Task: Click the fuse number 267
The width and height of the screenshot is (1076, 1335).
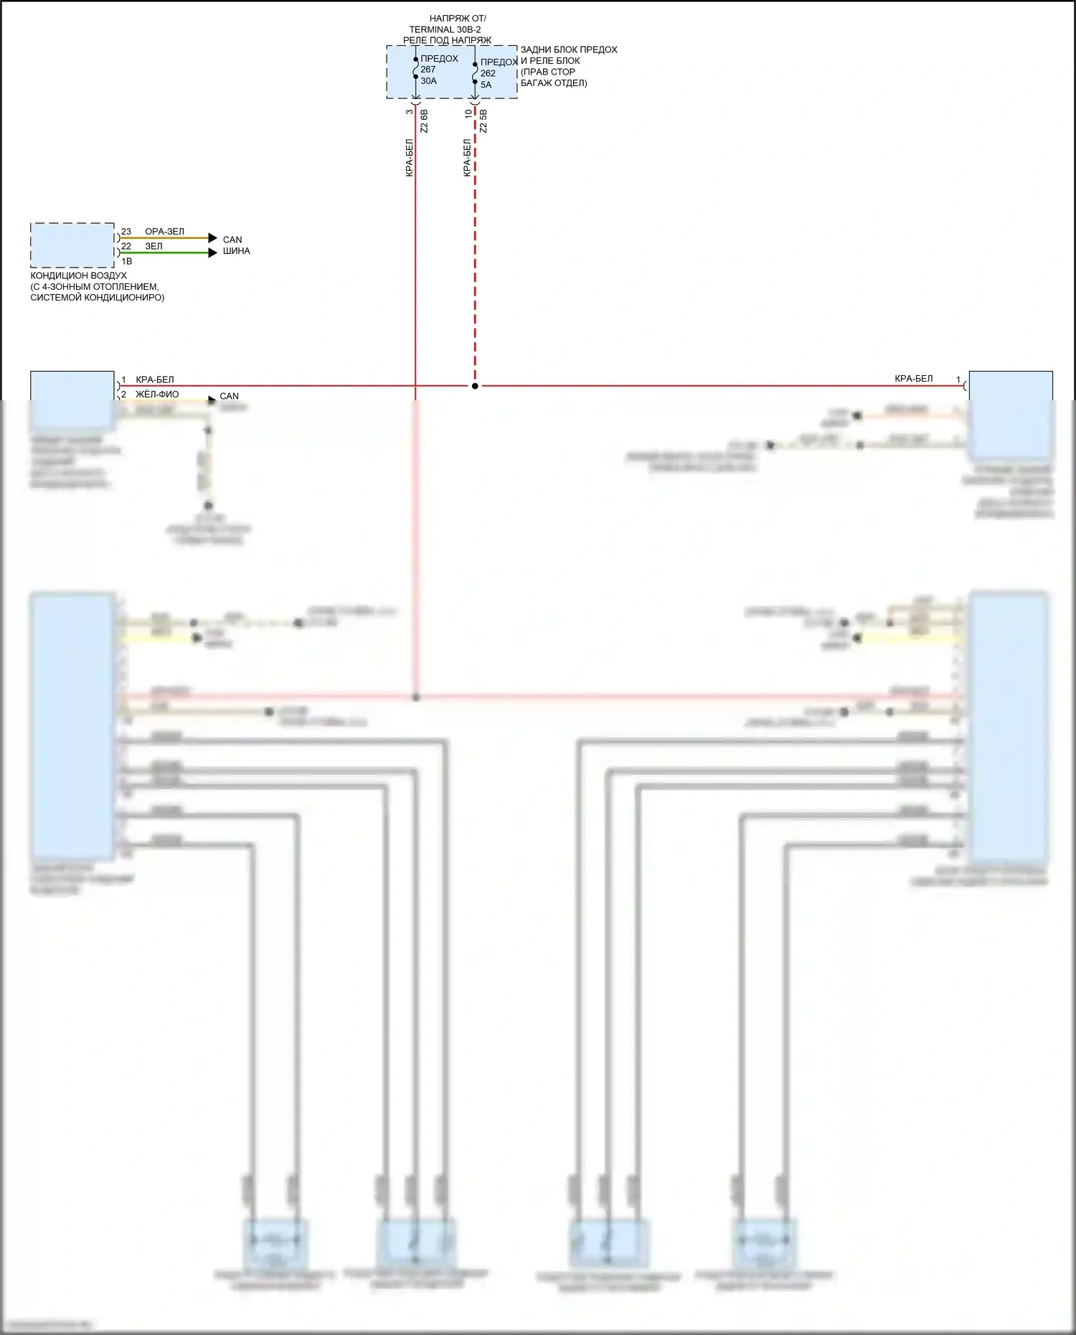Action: [x=428, y=70]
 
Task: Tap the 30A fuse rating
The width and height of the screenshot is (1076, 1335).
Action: [x=429, y=81]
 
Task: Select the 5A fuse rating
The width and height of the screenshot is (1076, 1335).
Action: [x=486, y=85]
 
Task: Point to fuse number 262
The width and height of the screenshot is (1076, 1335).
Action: [x=488, y=73]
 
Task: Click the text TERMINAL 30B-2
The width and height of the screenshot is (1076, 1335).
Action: [x=445, y=29]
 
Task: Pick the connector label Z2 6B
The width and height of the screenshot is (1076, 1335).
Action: [x=424, y=121]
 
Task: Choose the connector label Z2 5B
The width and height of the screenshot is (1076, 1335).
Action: [x=483, y=121]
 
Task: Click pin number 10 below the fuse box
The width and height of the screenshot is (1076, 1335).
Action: [x=468, y=113]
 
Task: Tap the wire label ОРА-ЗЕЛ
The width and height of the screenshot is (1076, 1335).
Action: [x=164, y=232]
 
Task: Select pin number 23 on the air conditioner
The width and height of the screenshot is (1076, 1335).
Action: [x=126, y=232]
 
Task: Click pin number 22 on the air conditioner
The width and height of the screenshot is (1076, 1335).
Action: [x=126, y=246]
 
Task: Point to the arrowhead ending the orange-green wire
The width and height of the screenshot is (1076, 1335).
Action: [x=212, y=238]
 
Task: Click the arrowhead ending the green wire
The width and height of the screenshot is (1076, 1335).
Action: [x=212, y=253]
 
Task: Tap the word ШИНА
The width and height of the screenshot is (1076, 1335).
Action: [x=236, y=251]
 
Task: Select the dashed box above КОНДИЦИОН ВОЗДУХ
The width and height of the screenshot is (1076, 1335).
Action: [x=72, y=245]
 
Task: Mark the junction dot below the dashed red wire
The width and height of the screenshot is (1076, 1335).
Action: [x=475, y=386]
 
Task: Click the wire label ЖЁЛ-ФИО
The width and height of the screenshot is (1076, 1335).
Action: [x=157, y=395]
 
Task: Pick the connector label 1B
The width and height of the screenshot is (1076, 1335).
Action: [x=127, y=261]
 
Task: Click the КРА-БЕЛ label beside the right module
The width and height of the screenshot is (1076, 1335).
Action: [x=913, y=379]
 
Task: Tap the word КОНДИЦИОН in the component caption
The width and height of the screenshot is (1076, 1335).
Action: [x=55, y=275]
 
